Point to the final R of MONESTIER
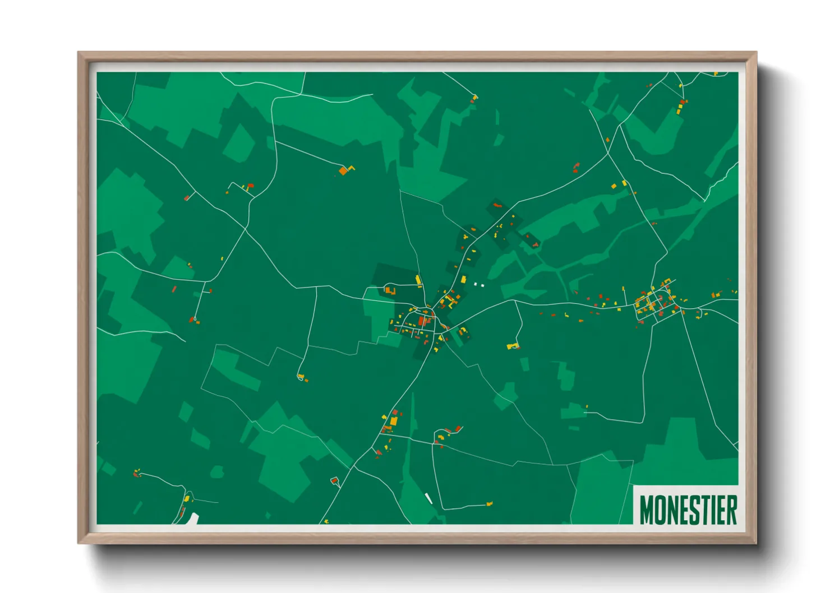[731, 509]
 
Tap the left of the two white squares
[476, 284]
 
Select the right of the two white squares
[482, 285]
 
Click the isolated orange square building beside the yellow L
[343, 170]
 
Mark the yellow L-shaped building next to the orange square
[351, 167]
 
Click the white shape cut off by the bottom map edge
[193, 518]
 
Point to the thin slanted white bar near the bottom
[429, 498]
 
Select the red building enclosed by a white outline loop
[335, 480]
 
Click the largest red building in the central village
[422, 321]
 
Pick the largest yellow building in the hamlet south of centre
[394, 420]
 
